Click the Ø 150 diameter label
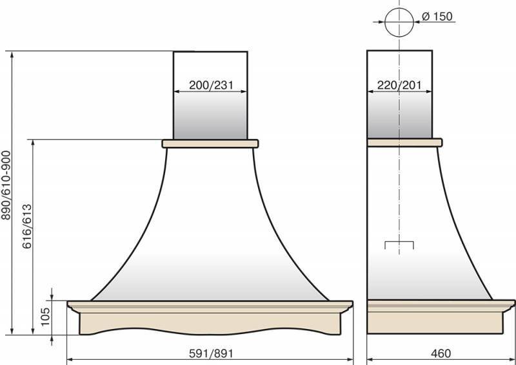coord(437,16)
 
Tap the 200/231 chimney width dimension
coord(211,85)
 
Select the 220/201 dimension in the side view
coord(399,85)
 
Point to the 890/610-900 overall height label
coord(6,185)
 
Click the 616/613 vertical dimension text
coord(27,226)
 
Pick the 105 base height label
coord(45,316)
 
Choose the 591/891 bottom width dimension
coord(211,353)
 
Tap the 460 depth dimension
coord(441,353)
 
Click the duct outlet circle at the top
coord(399,22)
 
